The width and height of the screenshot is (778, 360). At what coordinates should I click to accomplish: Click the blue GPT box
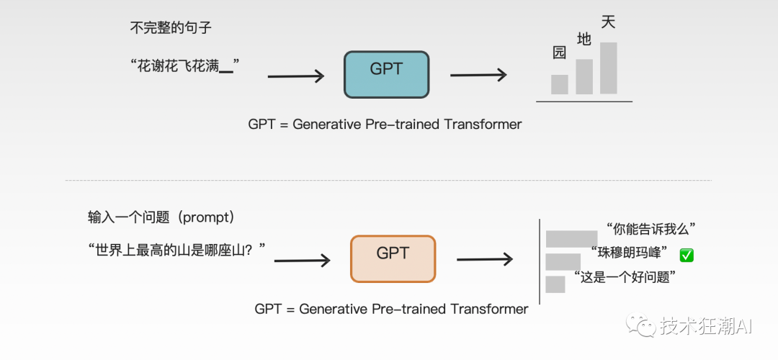coord(387,74)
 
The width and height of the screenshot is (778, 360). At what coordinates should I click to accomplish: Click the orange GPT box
coord(393,259)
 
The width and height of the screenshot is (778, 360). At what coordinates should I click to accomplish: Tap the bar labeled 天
coord(608,68)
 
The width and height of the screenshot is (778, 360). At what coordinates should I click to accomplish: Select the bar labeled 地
coord(584,76)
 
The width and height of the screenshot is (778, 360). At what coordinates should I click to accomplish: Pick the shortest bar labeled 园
coord(559,84)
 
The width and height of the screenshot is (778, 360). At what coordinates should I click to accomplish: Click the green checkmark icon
coord(687,256)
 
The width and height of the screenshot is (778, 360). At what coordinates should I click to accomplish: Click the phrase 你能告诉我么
coord(651,229)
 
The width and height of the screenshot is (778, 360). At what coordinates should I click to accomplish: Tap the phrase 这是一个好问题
coord(626,276)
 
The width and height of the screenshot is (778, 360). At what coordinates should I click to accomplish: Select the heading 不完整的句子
coord(171,28)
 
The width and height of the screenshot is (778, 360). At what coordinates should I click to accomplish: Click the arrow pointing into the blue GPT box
coord(296,76)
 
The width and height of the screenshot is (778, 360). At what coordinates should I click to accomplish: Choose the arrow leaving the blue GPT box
coord(478,76)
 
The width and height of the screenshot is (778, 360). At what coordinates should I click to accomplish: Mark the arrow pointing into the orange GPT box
coord(302,261)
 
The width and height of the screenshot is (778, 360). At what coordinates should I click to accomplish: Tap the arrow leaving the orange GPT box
coord(485,259)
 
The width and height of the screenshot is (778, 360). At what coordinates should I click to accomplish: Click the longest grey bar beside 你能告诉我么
coord(571,239)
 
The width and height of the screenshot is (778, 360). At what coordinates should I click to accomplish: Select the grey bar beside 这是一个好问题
coord(555,284)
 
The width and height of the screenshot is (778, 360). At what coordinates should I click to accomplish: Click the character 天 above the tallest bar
coord(608,22)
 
